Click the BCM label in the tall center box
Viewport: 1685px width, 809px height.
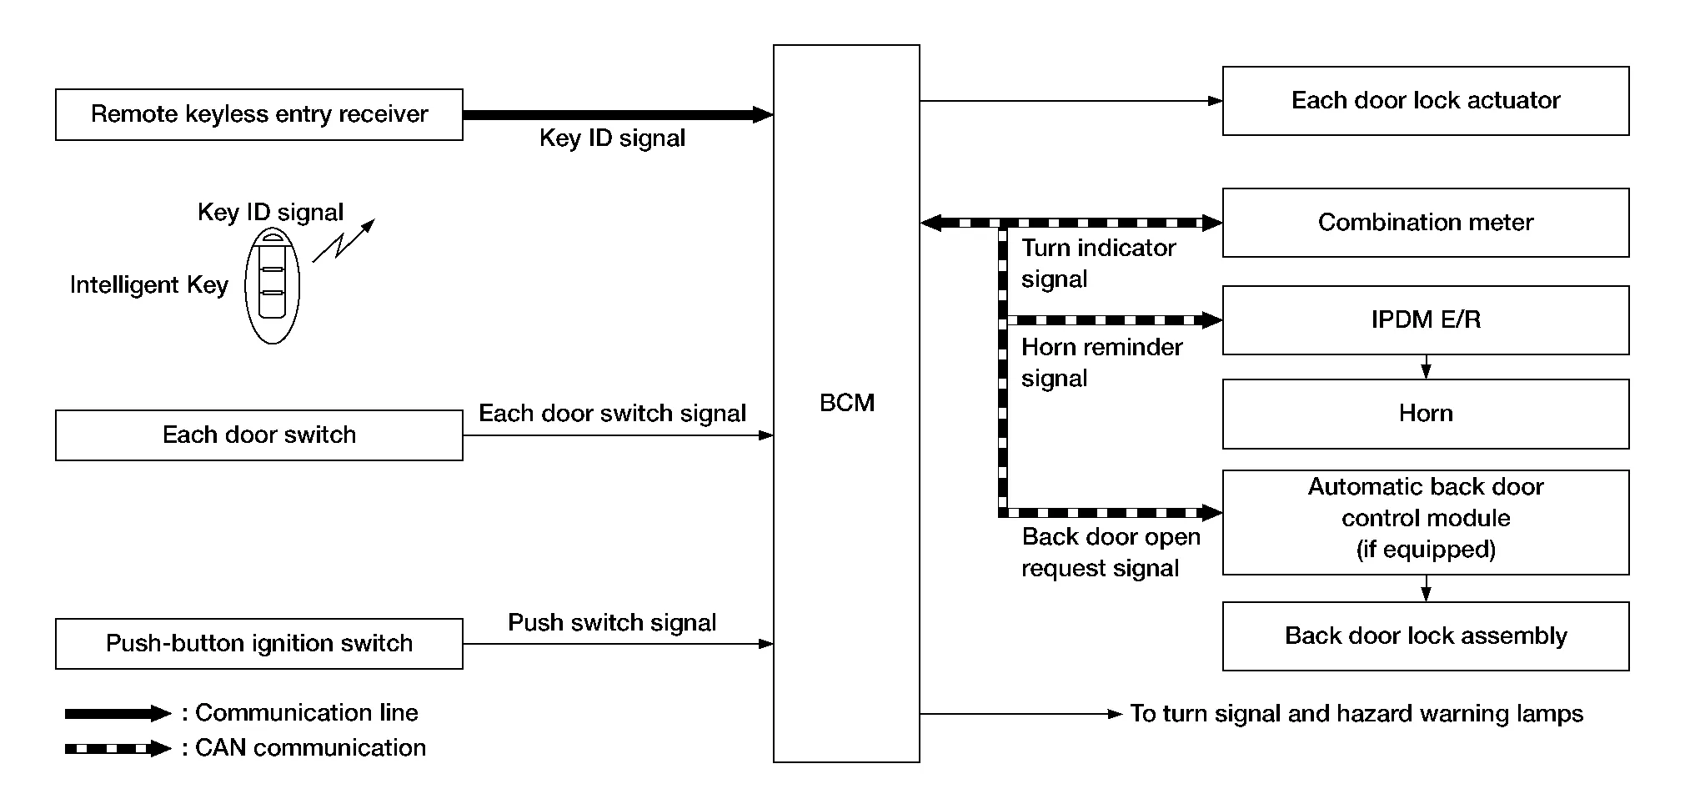point(846,403)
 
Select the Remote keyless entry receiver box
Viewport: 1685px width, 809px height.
point(258,114)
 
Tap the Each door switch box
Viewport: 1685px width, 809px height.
point(258,435)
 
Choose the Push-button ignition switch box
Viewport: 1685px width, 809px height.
point(258,643)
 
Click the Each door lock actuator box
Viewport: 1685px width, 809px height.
point(1425,101)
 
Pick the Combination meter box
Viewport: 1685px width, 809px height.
point(1425,223)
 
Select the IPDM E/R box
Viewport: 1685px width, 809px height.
point(1425,320)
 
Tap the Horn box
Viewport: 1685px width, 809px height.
point(1425,414)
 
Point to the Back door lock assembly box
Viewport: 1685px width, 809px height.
point(1425,636)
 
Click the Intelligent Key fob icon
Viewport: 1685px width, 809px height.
point(272,286)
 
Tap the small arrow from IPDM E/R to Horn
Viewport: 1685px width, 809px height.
point(1426,367)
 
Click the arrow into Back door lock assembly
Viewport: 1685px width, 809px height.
point(1426,589)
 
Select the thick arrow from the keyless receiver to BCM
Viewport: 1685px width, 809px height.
point(617,114)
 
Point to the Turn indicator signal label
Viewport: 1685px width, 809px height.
point(1098,264)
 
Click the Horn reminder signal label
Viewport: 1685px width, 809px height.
point(1101,363)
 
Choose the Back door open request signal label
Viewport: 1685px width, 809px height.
point(1111,552)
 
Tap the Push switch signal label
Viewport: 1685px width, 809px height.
point(612,623)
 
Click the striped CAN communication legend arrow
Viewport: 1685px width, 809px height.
point(118,748)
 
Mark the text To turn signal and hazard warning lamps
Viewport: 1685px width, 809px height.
point(1356,714)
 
